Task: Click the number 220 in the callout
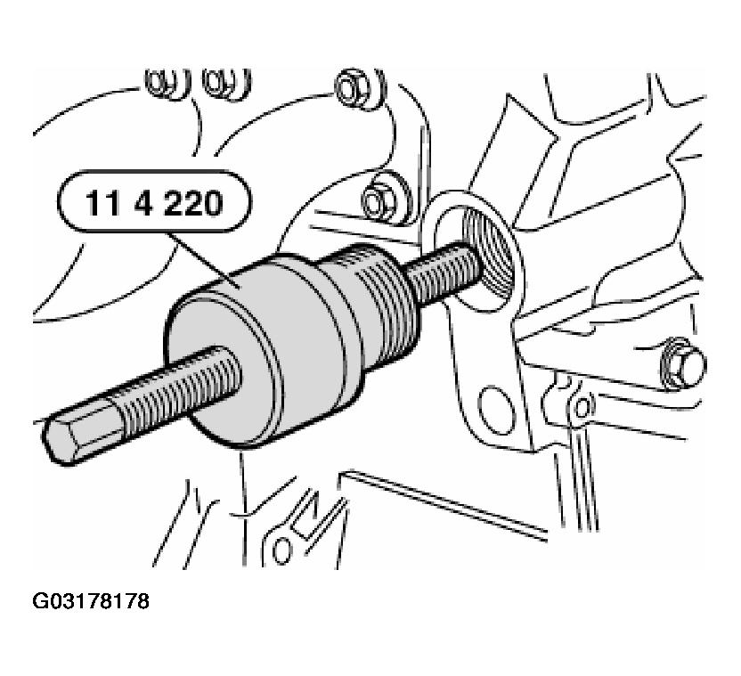pos(194,203)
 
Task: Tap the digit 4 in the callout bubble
pos(143,203)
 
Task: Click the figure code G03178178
pos(91,601)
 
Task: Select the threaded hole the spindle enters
pos(488,256)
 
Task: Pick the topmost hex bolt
pos(350,88)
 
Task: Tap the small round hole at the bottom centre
pos(282,550)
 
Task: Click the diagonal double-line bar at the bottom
pos(444,506)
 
